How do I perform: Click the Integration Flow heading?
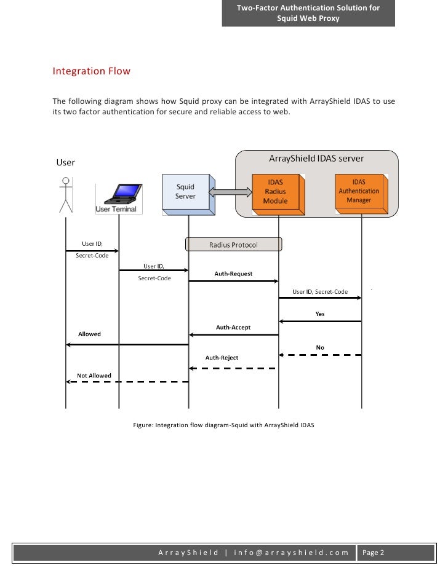coord(92,71)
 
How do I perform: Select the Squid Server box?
coord(185,192)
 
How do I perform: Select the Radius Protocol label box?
coord(233,245)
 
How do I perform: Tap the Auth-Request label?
coord(233,274)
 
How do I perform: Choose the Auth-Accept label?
coord(233,328)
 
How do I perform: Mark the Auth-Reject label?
coord(222,358)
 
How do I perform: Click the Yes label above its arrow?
coord(320,313)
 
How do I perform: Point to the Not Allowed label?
coord(94,375)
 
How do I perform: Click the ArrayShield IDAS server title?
coord(316,159)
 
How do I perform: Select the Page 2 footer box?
coord(374,553)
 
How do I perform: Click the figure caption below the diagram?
coord(223,425)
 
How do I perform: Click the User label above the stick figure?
coord(66,163)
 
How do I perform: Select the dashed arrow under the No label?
coord(320,355)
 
